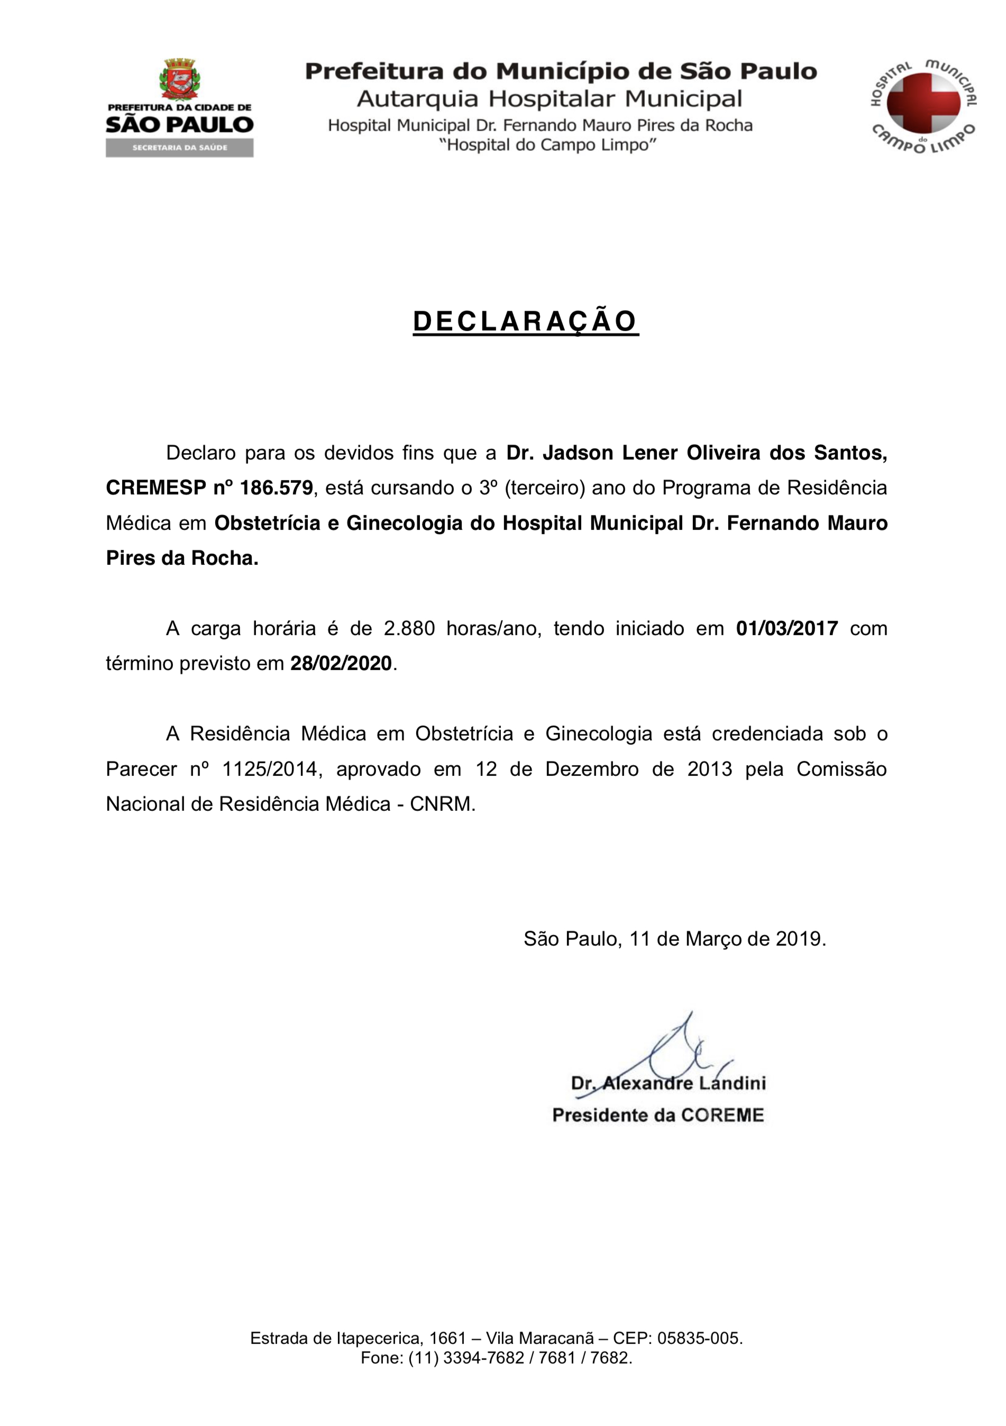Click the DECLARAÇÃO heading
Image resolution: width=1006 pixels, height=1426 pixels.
point(525,322)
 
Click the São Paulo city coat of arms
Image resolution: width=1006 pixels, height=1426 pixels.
point(179,79)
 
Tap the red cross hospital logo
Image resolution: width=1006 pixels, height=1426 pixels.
point(923,103)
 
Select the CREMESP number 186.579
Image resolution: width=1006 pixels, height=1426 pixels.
point(276,488)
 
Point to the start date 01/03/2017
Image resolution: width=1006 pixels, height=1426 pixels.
point(787,628)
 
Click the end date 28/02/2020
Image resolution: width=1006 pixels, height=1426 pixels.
point(341,663)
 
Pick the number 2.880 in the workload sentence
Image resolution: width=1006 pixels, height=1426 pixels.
point(409,628)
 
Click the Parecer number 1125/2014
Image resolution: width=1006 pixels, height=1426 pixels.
point(270,769)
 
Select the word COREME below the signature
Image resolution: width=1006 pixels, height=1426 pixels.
point(722,1115)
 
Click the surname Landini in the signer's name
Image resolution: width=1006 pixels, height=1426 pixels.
point(732,1083)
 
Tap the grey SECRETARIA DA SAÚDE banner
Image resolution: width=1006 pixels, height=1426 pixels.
point(179,148)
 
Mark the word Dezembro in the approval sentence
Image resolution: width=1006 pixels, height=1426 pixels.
point(592,769)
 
